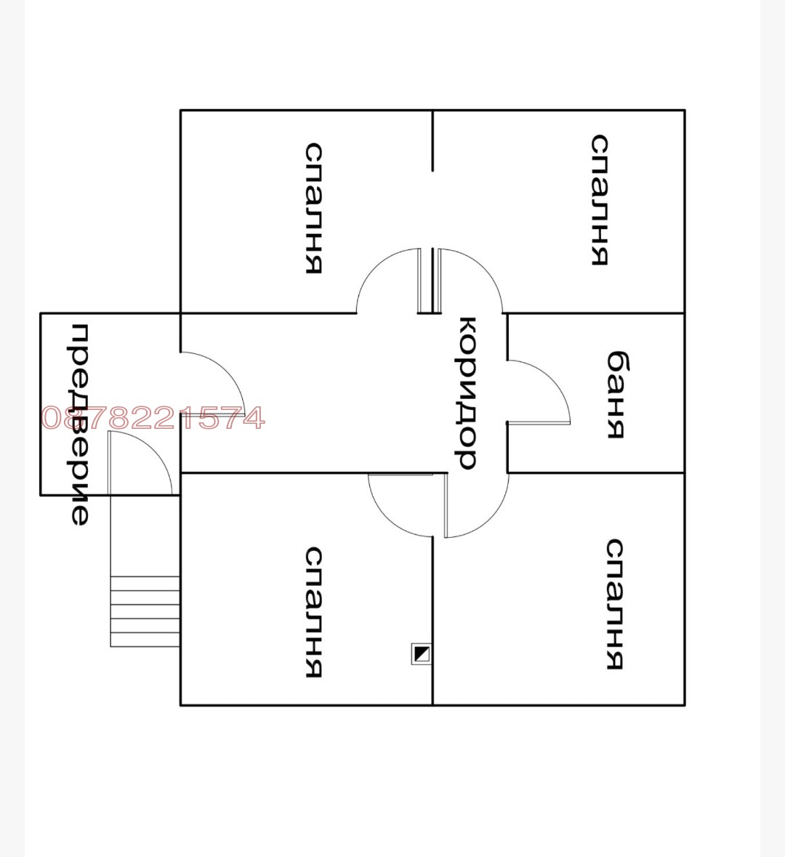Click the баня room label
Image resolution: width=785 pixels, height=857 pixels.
[x=616, y=395]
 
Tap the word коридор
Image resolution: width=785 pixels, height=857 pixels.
[x=467, y=393]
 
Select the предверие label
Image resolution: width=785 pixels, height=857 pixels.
[x=80, y=424]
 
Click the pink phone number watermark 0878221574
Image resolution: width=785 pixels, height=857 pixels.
[x=153, y=418]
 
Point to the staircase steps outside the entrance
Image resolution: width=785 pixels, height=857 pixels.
[x=145, y=611]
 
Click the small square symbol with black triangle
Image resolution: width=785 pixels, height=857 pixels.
[x=421, y=653]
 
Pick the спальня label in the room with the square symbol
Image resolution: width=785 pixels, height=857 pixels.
[x=313, y=612]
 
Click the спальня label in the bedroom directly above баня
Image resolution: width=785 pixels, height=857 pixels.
[x=600, y=200]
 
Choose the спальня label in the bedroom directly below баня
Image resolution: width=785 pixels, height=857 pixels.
[x=615, y=604]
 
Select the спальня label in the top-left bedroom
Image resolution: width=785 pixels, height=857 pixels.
[x=313, y=208]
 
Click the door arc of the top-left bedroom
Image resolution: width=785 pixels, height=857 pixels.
[x=374, y=267]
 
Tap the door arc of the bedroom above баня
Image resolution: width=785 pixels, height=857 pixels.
[x=484, y=267]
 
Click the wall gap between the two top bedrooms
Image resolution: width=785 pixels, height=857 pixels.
[x=432, y=210]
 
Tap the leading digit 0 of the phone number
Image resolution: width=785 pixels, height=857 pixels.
[x=52, y=419]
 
